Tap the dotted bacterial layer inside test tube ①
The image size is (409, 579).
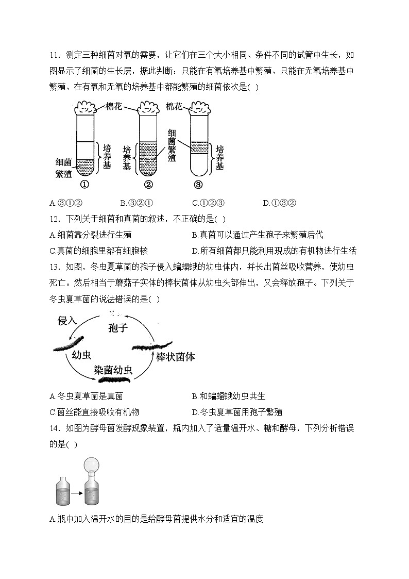[x=86, y=165]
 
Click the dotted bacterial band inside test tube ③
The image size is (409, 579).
[x=199, y=148]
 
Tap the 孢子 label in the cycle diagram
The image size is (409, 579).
[x=118, y=328]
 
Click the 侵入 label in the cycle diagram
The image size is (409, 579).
[x=67, y=321]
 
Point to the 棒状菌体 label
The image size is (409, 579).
[x=175, y=357]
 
